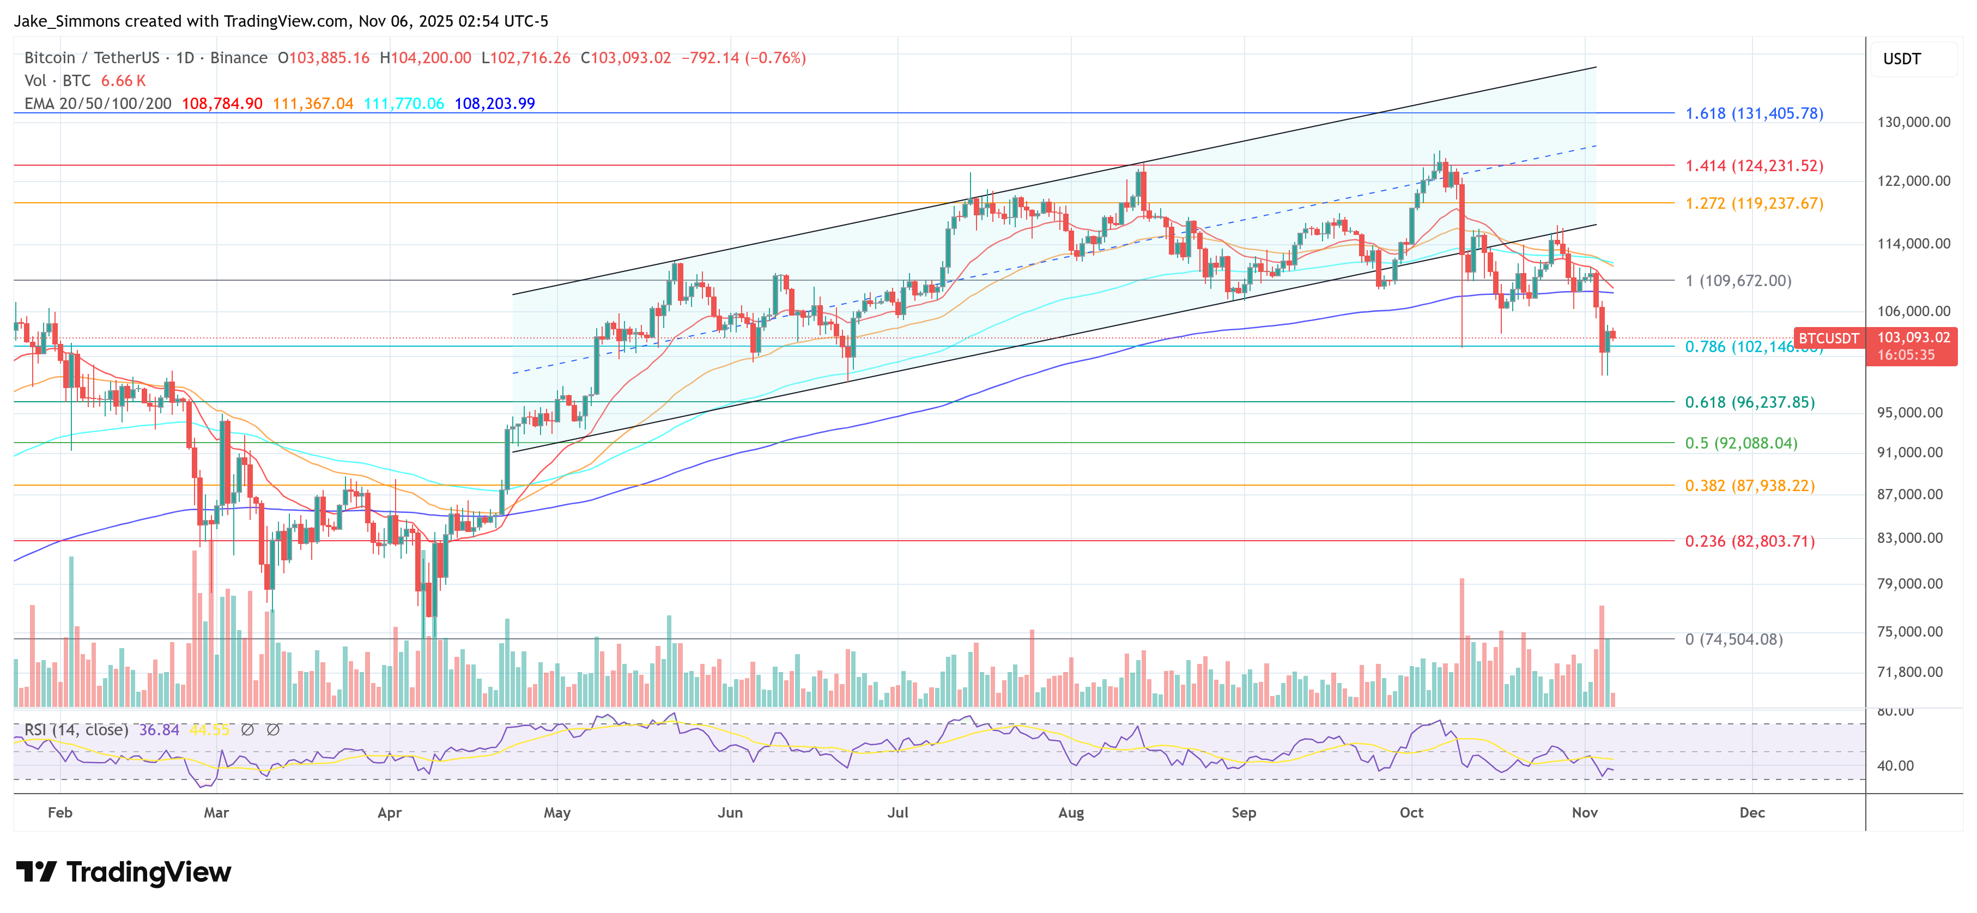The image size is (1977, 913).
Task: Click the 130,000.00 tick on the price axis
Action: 1913,122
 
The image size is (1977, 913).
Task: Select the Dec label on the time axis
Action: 1751,812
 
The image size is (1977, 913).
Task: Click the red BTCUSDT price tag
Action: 1828,338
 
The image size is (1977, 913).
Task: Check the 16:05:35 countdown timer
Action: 1905,355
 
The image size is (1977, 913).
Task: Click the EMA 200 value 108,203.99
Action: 494,104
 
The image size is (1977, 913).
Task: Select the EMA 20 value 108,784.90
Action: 222,104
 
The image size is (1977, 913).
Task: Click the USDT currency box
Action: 1902,59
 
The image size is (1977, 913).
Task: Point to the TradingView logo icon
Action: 36,872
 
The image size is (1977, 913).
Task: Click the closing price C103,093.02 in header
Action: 626,58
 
